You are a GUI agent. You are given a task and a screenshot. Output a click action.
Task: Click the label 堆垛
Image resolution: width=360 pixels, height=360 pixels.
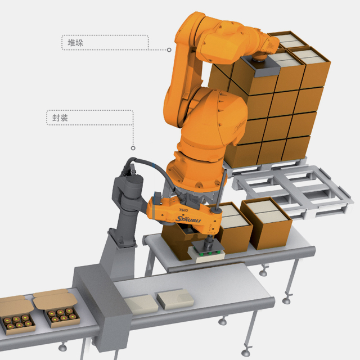(x=75, y=43)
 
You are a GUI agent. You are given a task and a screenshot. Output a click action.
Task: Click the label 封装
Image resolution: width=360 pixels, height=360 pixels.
(x=60, y=118)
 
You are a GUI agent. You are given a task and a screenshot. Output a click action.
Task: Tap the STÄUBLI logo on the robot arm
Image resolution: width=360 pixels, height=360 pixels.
(x=188, y=219)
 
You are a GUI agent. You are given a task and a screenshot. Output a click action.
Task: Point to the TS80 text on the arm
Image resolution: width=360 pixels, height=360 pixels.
(x=183, y=210)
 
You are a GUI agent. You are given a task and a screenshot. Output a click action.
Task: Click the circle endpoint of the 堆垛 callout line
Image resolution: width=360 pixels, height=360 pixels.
(x=169, y=50)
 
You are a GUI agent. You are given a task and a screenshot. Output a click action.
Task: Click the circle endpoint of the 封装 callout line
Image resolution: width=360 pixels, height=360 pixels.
(x=133, y=148)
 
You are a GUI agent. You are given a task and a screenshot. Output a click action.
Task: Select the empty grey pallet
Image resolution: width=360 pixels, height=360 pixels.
(x=292, y=191)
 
